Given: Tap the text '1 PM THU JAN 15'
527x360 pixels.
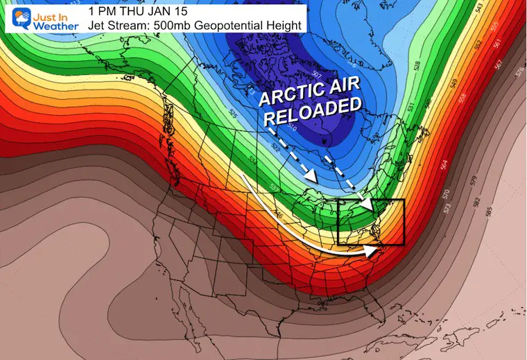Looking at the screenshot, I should pos(131,12).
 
